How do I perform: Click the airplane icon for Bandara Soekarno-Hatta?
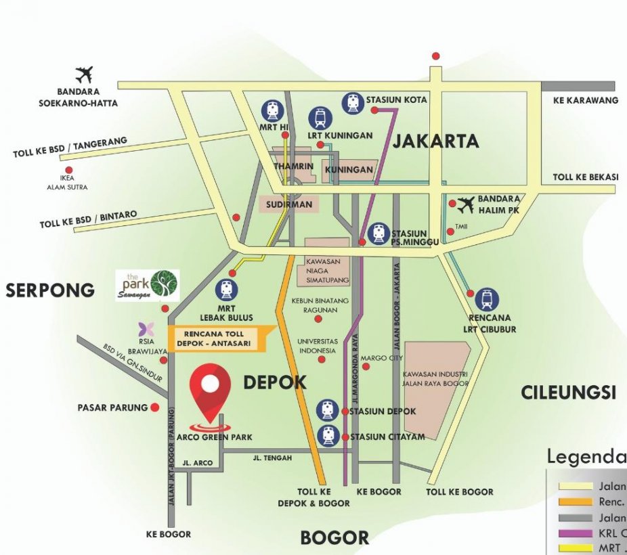[x=85, y=74]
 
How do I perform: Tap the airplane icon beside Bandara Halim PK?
[x=466, y=204]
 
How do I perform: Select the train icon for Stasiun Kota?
[x=352, y=102]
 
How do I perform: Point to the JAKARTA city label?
[x=435, y=141]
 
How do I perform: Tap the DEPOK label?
[x=274, y=382]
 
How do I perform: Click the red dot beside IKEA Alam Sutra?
[x=68, y=171]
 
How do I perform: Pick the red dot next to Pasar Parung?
[x=155, y=407]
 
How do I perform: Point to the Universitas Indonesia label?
[x=316, y=347]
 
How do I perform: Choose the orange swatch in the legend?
[x=574, y=502]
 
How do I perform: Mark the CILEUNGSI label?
[x=568, y=392]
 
